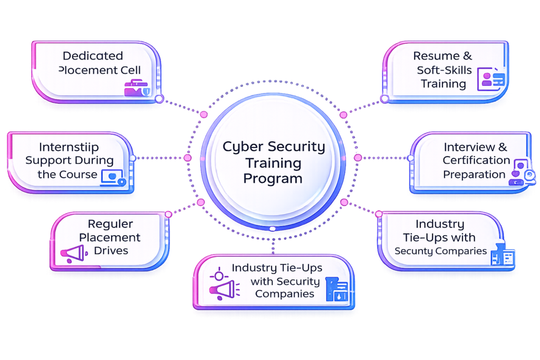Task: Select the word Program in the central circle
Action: click(x=273, y=178)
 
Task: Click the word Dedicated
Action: click(x=93, y=56)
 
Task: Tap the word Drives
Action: click(x=111, y=250)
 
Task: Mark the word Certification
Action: click(x=476, y=160)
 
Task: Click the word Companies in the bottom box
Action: click(x=285, y=294)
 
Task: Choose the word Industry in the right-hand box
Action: click(x=440, y=225)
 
